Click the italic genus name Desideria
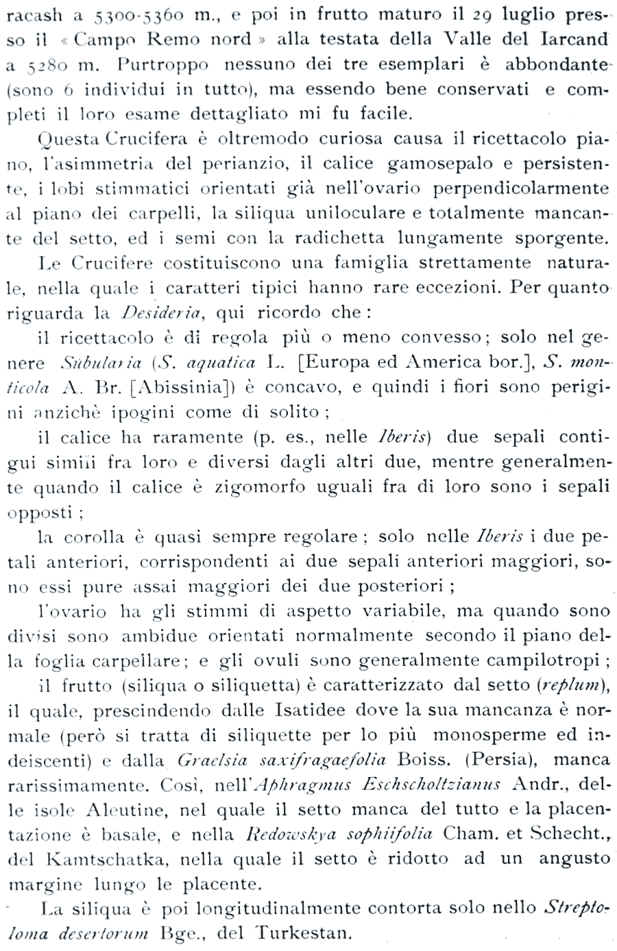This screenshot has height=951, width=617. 159,313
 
